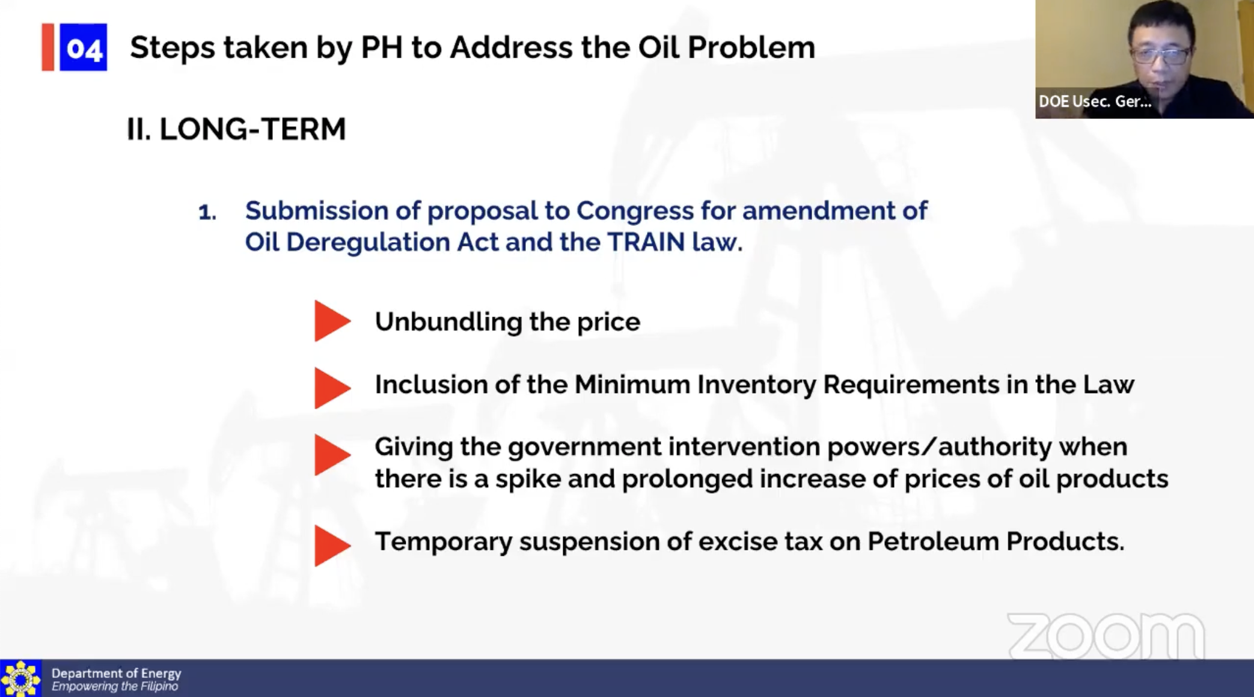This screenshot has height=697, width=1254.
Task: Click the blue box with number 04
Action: coord(83,47)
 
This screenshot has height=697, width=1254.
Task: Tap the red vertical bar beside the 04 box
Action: coord(47,47)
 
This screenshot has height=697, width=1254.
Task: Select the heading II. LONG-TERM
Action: coord(236,129)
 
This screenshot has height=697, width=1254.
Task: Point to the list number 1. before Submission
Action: coord(207,212)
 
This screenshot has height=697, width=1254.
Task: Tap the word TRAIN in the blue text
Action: coord(646,242)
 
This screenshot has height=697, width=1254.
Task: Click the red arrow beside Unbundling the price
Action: coord(332,321)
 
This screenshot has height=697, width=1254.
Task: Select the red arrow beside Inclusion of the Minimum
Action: coord(332,388)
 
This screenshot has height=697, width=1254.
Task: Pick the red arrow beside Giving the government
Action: coord(332,455)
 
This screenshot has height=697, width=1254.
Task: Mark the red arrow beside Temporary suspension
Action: coord(332,546)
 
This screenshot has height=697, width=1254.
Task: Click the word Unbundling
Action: coord(448,322)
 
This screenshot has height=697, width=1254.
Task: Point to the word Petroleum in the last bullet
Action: coord(933,541)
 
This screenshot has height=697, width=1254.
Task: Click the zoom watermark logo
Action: coord(1106,636)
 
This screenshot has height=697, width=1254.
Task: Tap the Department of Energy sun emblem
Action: coord(21,678)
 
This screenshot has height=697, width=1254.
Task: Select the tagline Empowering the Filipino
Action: coord(115,686)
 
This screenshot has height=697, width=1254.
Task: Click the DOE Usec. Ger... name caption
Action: coord(1095,102)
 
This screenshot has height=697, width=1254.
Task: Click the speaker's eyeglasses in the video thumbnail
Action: coord(1160,56)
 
